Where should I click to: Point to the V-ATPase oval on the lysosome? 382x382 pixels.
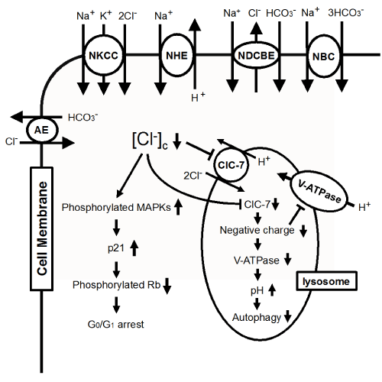tap(319, 191)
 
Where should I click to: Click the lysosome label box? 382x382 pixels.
tap(326, 281)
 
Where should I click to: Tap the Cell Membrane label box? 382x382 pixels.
tap(42, 228)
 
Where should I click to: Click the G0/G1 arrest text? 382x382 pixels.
tap(116, 325)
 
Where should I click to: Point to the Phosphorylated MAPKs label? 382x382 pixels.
tap(116, 207)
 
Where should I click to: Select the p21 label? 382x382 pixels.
tap(116, 248)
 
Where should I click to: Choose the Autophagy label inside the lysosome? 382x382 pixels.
tap(257, 318)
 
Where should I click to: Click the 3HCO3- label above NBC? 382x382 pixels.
tap(345, 13)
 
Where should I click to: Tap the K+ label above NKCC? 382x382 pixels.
tap(105, 15)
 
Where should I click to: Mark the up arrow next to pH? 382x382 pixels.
tap(272, 290)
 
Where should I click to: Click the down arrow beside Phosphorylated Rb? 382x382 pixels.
tap(167, 286)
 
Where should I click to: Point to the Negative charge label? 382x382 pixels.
tap(257, 230)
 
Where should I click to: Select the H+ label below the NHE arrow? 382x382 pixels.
tap(198, 97)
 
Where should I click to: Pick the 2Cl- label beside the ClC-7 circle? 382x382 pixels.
tap(193, 176)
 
